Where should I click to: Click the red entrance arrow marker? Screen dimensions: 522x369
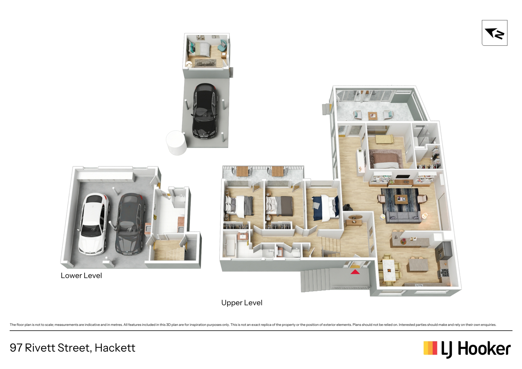coord(355,272)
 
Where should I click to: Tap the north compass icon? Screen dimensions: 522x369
coord(495,33)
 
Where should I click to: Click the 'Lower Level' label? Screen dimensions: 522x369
coord(81,275)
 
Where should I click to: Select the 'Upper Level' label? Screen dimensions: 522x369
coord(242,303)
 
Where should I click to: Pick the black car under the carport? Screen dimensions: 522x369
coord(205,111)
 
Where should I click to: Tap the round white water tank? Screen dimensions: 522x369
coord(177,142)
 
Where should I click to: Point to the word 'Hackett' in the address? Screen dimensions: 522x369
coord(115,348)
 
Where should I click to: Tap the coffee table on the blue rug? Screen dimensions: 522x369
coord(401,200)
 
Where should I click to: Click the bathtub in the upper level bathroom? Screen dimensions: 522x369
coord(230,246)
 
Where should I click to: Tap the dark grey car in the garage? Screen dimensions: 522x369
coord(129,224)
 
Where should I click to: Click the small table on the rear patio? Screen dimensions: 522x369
coord(373,116)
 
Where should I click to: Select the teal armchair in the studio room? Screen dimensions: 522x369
coord(223,45)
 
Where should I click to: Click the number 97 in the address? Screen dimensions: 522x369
coord(16,348)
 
